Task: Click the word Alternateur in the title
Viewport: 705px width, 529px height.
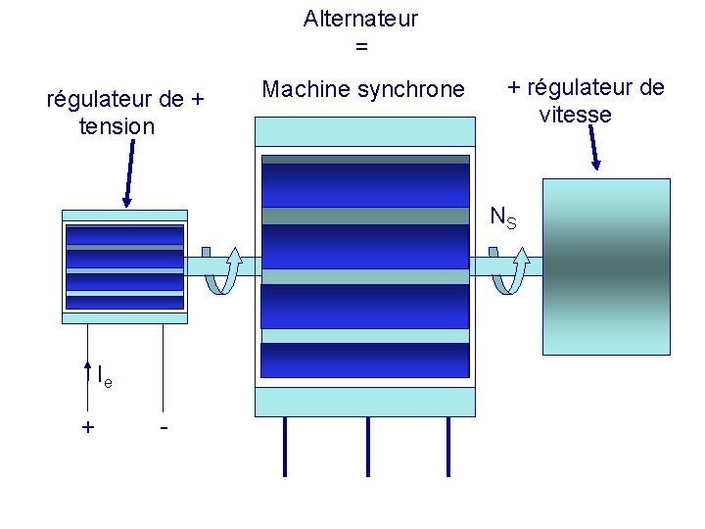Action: (x=360, y=19)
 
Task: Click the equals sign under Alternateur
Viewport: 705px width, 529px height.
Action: (x=360, y=46)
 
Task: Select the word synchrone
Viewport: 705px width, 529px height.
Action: (x=410, y=90)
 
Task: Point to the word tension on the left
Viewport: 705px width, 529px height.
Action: (x=116, y=126)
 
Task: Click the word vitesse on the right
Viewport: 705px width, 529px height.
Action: (x=575, y=115)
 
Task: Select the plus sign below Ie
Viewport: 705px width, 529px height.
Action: (x=88, y=427)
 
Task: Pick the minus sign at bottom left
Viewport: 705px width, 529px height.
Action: (x=164, y=427)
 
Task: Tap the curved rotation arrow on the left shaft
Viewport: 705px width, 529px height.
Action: (x=223, y=270)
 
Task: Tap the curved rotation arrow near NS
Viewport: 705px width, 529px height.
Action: (x=510, y=270)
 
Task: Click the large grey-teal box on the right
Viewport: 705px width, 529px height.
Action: (x=605, y=264)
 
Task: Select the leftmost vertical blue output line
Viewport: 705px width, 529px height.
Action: (x=285, y=447)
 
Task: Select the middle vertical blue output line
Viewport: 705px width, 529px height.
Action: (x=368, y=447)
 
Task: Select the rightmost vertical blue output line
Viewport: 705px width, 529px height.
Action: (x=448, y=447)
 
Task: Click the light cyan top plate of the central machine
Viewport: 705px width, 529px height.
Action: (x=364, y=131)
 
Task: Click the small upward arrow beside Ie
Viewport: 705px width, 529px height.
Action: (x=89, y=371)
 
